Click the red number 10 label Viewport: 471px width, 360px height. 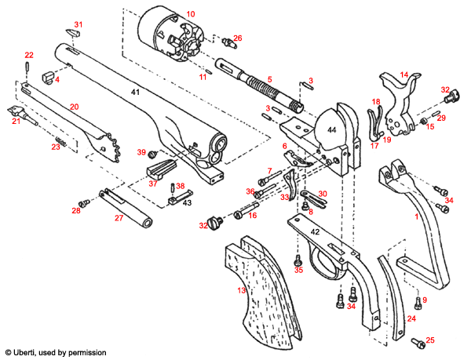tap(191, 14)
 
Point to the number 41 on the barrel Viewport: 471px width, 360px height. tap(135, 93)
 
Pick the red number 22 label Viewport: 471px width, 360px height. tap(29, 55)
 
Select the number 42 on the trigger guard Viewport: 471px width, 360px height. tap(316, 232)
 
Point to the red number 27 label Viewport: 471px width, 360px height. tap(119, 217)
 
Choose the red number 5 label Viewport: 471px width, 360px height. tap(269, 79)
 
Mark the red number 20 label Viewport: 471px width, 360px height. tap(75, 106)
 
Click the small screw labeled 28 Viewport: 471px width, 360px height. tap(86, 202)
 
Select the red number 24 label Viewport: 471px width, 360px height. tap(411, 319)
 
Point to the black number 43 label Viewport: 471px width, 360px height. tap(187, 203)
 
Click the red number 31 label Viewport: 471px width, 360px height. tap(78, 24)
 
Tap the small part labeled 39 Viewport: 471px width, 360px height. tap(154, 152)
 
